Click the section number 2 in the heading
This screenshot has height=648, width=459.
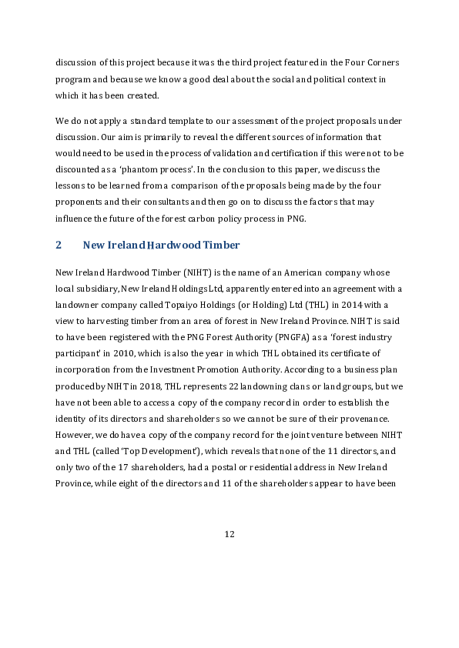pyautogui.click(x=59, y=246)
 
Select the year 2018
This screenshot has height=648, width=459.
pyautogui.click(x=136, y=386)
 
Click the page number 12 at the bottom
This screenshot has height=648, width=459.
pyautogui.click(x=229, y=535)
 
